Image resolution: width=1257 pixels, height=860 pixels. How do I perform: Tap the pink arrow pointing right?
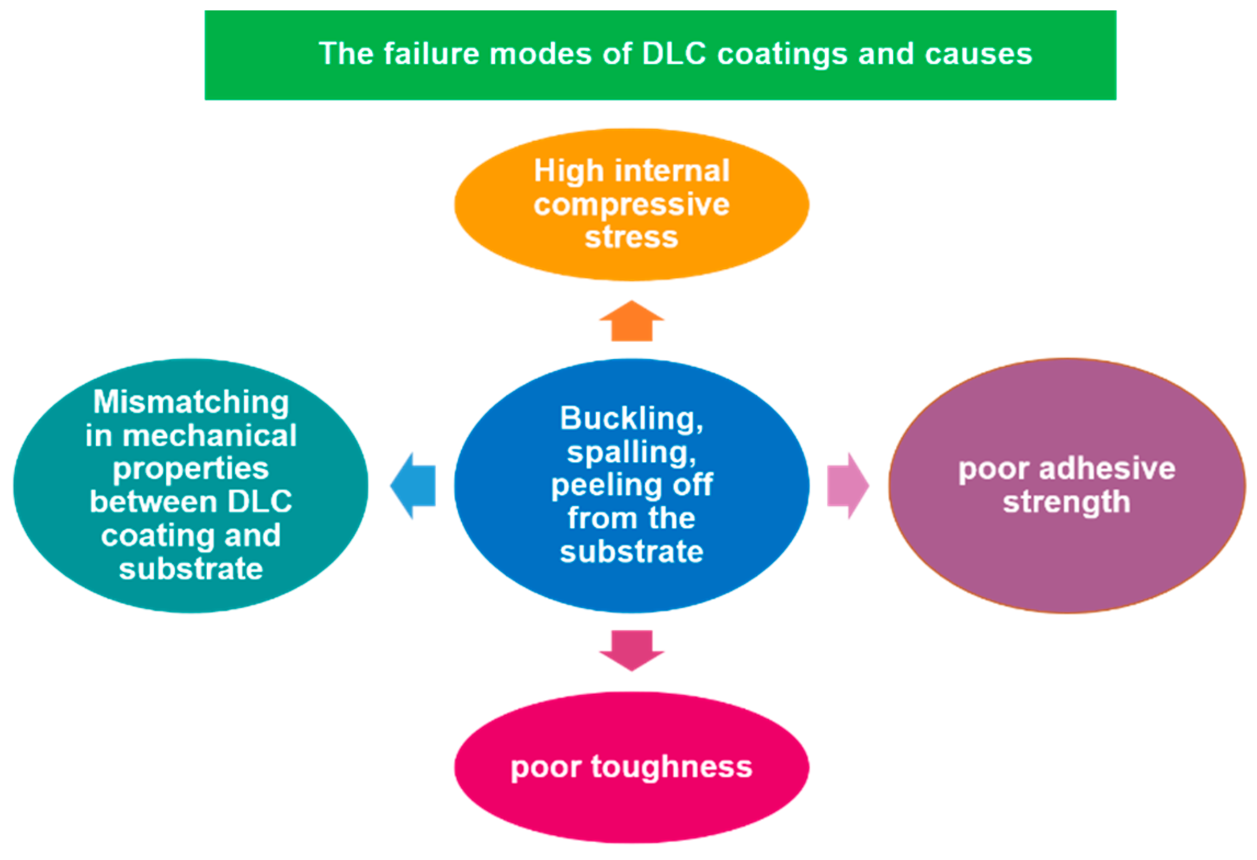pyautogui.click(x=847, y=486)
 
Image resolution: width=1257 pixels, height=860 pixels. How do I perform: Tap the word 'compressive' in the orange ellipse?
pyautogui.click(x=631, y=205)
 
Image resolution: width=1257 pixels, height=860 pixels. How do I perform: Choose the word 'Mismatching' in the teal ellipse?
pyautogui.click(x=191, y=402)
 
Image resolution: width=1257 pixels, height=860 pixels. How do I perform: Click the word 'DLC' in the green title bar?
pyautogui.click(x=673, y=54)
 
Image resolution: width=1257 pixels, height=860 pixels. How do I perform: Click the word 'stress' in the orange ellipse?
pyautogui.click(x=631, y=237)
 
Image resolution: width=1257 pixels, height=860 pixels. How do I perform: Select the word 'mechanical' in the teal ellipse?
pyautogui.click(x=209, y=436)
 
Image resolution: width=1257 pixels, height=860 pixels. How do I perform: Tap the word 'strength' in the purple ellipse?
pyautogui.click(x=1066, y=502)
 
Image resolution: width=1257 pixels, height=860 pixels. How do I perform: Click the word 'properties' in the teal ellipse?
pyautogui.click(x=191, y=469)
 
